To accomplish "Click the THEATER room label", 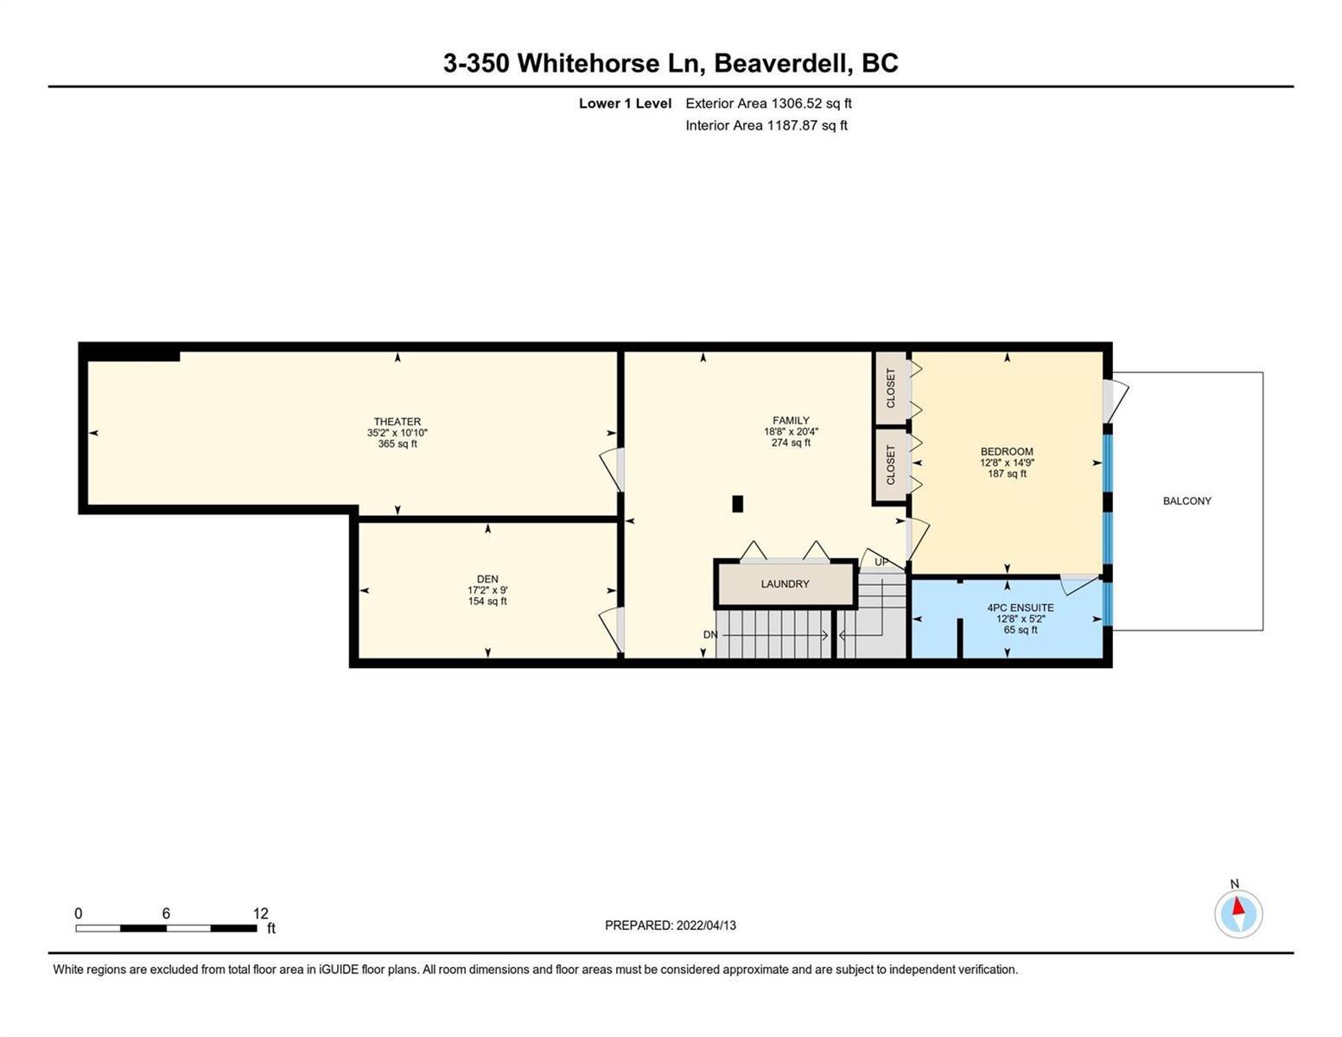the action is [398, 422].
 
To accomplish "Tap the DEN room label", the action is [487, 579].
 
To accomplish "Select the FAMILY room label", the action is [791, 421].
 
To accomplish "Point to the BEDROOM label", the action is [1007, 451].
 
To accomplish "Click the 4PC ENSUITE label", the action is [1021, 608].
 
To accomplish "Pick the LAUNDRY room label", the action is [785, 583].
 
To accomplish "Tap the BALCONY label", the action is [1187, 501].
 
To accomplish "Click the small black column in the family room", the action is [737, 504].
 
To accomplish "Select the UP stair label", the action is [881, 562].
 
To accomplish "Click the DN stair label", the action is [710, 634].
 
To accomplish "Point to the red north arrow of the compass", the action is [1237, 906].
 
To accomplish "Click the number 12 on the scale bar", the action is [261, 913].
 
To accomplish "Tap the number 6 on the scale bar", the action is [166, 913].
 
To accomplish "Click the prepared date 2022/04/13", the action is [706, 926].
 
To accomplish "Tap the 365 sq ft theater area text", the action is [398, 443].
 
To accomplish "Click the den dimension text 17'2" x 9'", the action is [487, 590].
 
